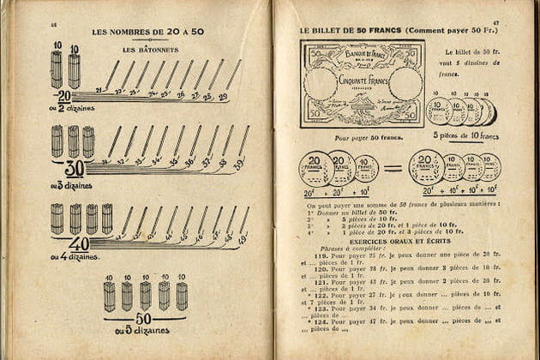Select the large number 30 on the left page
tap(74, 168)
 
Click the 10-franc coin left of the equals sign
tap(366, 169)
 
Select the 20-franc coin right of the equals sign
tap(426, 167)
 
